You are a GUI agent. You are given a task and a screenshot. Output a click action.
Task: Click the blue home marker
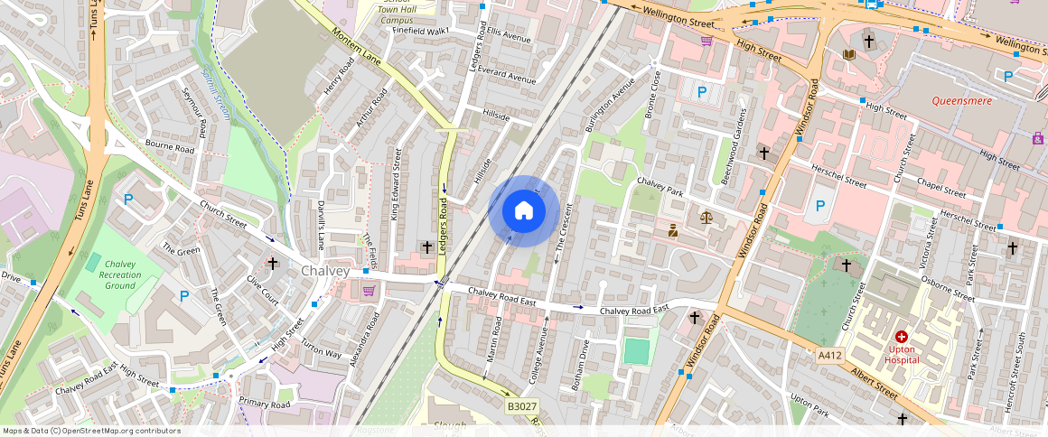(x=523, y=211)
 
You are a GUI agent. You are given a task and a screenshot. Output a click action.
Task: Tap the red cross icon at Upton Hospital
(x=901, y=336)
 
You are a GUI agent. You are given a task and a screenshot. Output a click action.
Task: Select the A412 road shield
(x=830, y=356)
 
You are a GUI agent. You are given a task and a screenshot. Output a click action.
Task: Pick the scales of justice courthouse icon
(x=705, y=218)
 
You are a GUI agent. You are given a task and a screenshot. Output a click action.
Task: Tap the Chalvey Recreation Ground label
(x=118, y=274)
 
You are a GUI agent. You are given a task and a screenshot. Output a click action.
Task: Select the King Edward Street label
(x=396, y=185)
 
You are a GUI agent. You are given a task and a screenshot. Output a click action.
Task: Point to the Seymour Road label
(x=193, y=118)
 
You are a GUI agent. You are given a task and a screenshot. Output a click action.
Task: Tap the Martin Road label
(x=494, y=339)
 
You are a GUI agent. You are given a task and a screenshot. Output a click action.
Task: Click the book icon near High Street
(x=848, y=55)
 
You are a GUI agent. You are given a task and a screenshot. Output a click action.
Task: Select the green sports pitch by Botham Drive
(x=636, y=351)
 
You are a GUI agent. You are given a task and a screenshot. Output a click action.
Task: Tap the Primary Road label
(x=264, y=404)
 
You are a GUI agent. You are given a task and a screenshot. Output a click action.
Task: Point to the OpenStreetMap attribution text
(x=91, y=431)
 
